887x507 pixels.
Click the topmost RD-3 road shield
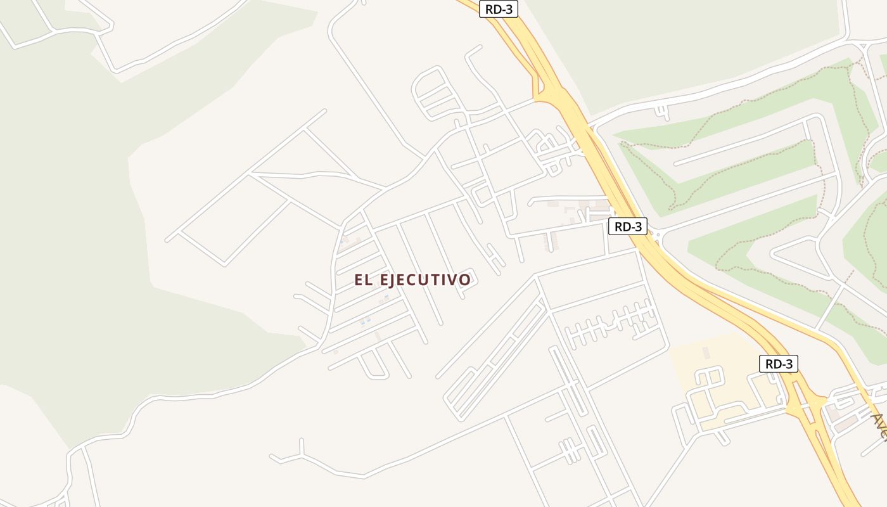[x=499, y=9]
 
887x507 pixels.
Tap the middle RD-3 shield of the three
[x=627, y=226]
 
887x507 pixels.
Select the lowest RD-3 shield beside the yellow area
[x=778, y=364]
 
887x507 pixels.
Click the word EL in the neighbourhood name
[x=364, y=280]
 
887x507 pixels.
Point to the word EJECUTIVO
[x=426, y=280]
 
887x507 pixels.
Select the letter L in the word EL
[x=369, y=280]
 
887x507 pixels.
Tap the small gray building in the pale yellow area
[x=706, y=352]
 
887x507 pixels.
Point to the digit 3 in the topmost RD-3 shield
[x=508, y=9]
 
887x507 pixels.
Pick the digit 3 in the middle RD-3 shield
[x=637, y=226]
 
